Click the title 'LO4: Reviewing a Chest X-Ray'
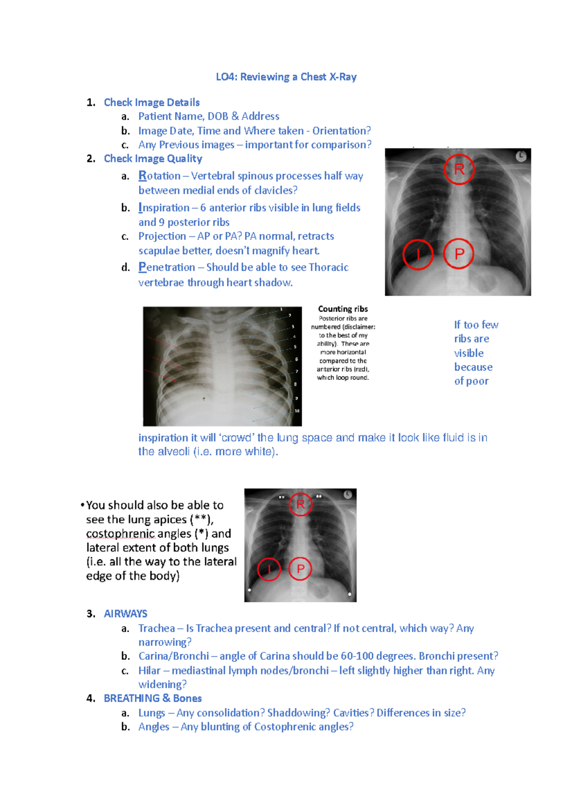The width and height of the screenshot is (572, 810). [x=286, y=77]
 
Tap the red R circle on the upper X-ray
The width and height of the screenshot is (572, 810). [x=459, y=169]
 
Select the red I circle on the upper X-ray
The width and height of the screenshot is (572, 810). [x=418, y=254]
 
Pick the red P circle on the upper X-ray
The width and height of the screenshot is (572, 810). [x=459, y=254]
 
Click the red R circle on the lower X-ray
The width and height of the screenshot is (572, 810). [x=300, y=504]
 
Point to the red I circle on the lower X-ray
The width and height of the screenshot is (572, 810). [x=269, y=569]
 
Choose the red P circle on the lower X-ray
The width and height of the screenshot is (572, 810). [x=300, y=569]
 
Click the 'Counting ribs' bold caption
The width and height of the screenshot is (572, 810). [x=343, y=309]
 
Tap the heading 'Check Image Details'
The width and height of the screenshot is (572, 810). [x=152, y=103]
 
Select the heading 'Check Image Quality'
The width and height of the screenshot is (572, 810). [x=153, y=158]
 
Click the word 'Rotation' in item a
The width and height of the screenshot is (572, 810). [x=159, y=176]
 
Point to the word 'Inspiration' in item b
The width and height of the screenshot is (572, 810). [x=164, y=208]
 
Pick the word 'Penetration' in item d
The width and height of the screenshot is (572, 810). [x=167, y=267]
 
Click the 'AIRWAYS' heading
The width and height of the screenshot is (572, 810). [x=125, y=614]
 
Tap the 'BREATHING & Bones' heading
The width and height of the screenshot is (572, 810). [x=153, y=698]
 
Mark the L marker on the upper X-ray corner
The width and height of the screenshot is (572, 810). [x=521, y=156]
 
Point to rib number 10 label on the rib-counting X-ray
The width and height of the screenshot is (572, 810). [x=297, y=411]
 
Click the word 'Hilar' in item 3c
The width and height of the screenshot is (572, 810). [x=149, y=671]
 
